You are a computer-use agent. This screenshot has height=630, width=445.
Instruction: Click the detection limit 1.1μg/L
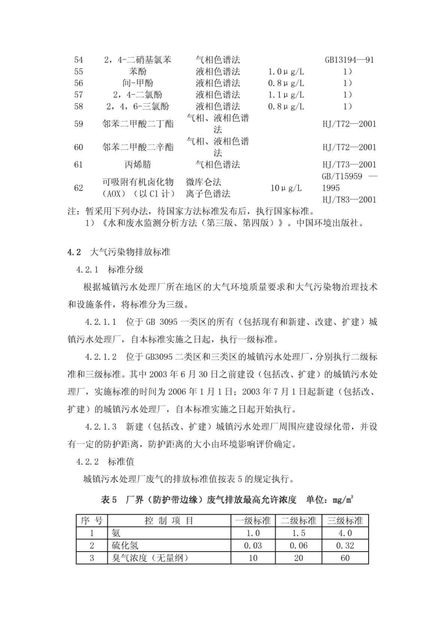coord(286,94)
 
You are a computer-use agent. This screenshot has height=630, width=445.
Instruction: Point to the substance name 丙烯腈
coord(139,164)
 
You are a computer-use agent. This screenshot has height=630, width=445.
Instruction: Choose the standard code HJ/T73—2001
coord(349,164)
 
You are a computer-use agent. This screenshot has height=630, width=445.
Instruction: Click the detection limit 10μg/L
coord(286,188)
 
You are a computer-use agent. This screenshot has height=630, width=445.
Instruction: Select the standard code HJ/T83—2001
coord(349,199)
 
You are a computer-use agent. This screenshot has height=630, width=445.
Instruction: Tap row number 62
coord(78,188)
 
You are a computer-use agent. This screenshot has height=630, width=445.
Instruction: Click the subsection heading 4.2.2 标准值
coord(103,462)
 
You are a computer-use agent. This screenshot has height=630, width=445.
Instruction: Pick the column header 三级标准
coord(344,520)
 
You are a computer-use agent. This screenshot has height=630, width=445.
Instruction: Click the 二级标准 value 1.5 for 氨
coord(298,533)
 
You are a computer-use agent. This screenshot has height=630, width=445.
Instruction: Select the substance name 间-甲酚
coord(139,83)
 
